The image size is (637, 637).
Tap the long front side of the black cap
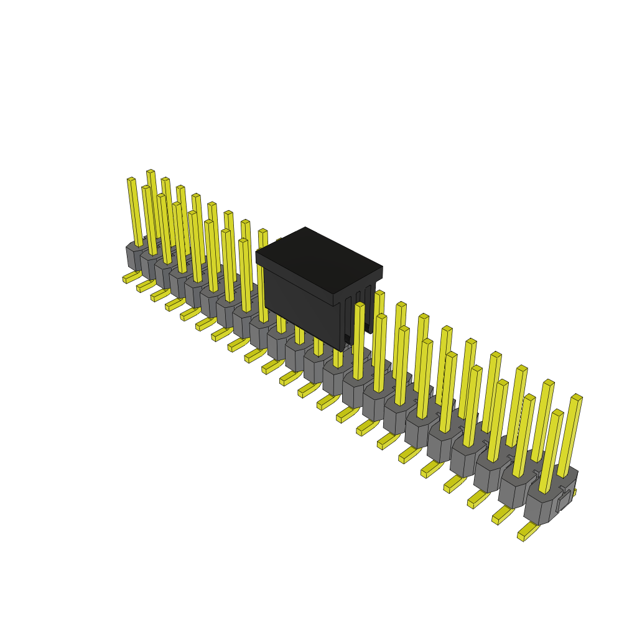coord(302,311)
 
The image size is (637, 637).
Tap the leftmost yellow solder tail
coord(131,276)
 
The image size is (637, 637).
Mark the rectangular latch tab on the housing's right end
coord(564,500)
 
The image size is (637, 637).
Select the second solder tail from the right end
coord(503,515)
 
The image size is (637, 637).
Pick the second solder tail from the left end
coord(146,286)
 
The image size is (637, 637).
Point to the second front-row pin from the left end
coord(149,220)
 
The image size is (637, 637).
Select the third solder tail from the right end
coord(478,498)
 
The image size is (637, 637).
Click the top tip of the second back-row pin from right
coord(548,383)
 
